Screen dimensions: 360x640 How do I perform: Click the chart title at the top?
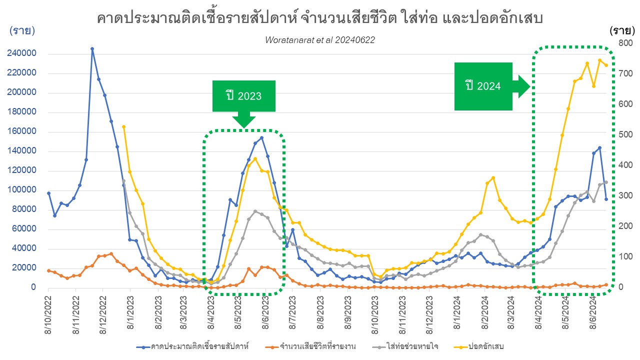tap(320, 18)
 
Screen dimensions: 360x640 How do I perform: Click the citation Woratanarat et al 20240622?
tap(320, 40)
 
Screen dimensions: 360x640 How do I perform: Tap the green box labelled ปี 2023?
tap(243, 95)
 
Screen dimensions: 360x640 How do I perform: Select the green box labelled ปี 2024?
tap(483, 86)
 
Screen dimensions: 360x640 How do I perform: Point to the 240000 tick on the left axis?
tap(20, 54)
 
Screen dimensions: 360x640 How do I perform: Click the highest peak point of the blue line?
tap(92, 49)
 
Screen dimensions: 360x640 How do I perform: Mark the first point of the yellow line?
tap(123, 127)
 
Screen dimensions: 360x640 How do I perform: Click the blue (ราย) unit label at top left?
tap(22, 31)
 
